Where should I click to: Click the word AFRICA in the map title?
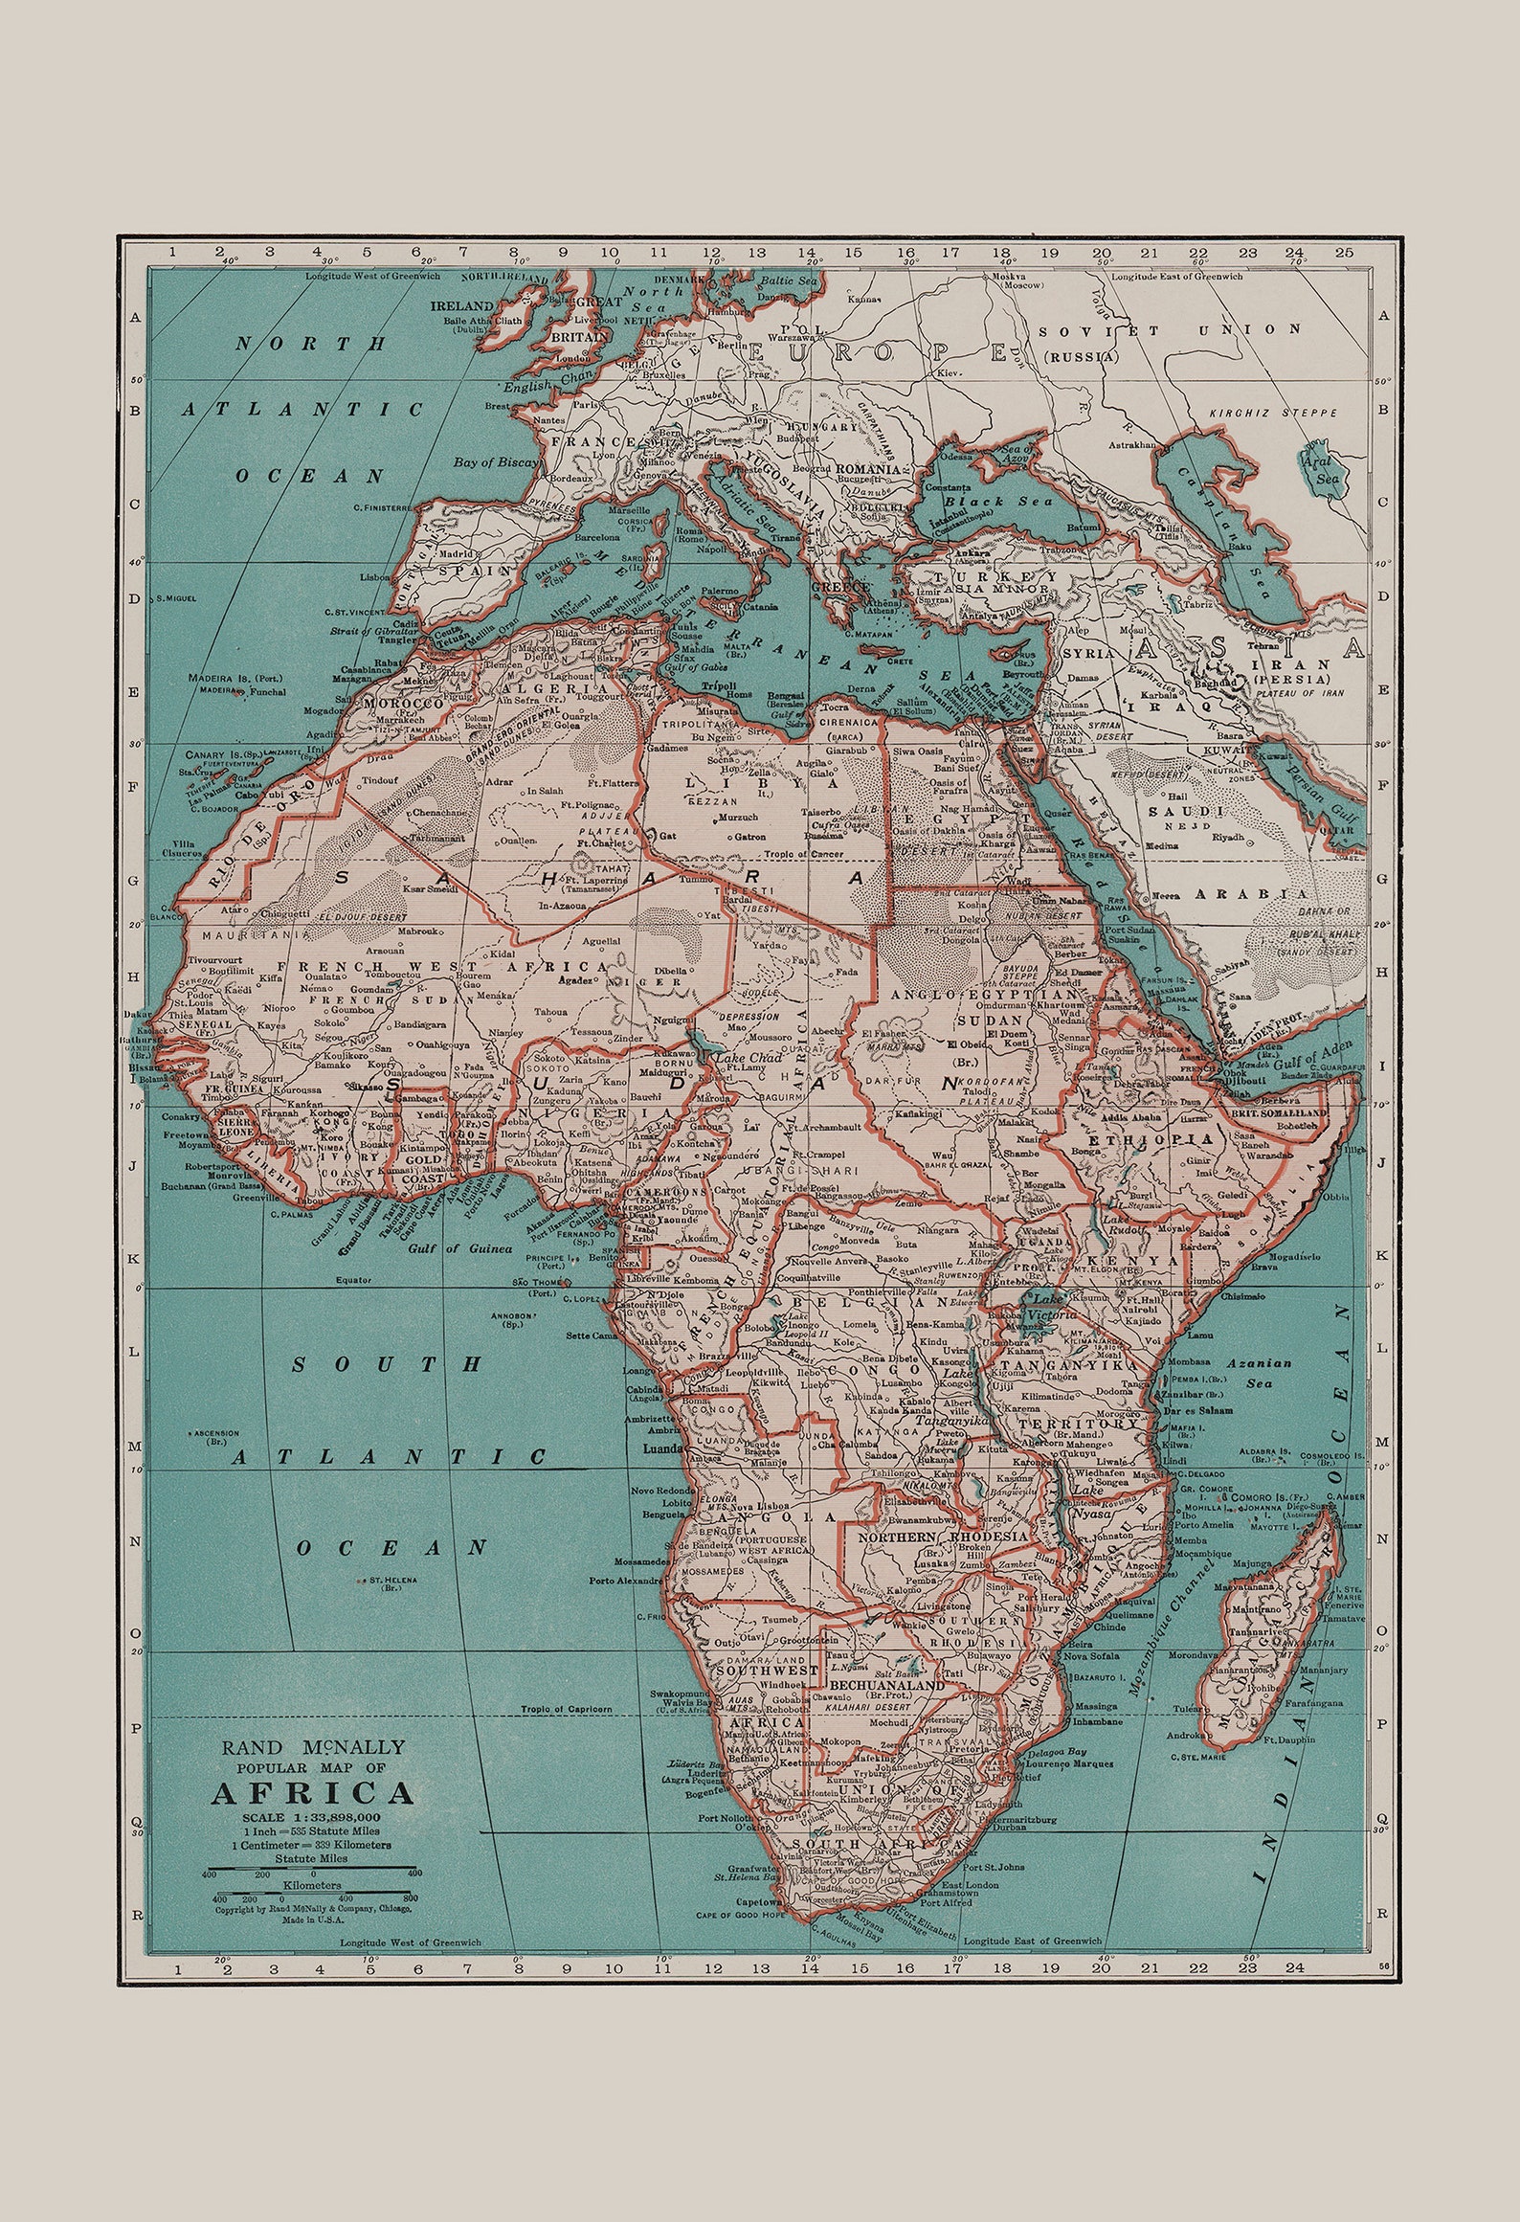312,1792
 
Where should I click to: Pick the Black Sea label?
995,502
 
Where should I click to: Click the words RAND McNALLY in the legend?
312,1747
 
